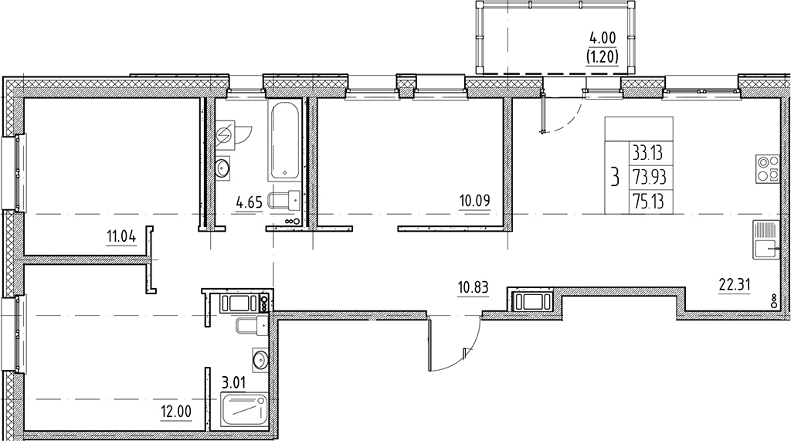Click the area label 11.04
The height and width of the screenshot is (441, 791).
click(122, 236)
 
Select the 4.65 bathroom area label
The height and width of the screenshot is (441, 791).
click(249, 204)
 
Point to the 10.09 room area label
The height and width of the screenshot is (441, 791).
click(476, 204)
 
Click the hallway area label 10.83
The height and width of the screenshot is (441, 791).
click(472, 288)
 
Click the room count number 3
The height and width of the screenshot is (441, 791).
click(615, 178)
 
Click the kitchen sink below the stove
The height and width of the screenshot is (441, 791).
click(766, 240)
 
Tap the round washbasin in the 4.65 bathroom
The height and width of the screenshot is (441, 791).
click(225, 167)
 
